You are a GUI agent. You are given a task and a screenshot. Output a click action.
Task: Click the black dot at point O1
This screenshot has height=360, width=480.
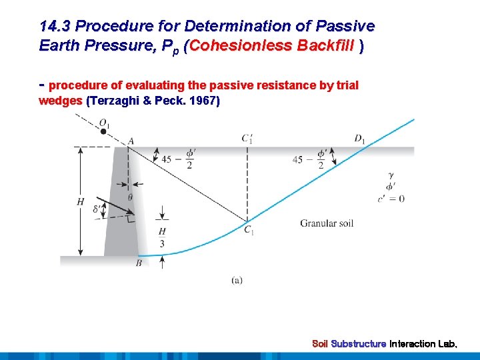[x=103, y=131]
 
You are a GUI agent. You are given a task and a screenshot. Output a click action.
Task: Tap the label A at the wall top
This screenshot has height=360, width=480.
[x=131, y=140]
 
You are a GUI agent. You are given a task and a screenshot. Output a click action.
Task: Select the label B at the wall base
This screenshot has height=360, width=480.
[x=139, y=264]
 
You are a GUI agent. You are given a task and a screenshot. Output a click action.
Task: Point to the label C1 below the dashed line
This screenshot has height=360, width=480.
[x=249, y=231]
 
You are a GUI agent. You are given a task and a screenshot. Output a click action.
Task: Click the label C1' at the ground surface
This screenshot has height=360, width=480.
[x=247, y=139]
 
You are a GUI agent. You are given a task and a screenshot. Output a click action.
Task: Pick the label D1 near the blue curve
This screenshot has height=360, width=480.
[x=359, y=139]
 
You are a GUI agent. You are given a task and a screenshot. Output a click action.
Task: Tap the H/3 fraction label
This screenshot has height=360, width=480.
[x=162, y=237]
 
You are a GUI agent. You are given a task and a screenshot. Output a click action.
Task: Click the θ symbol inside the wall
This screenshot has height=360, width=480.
[x=129, y=197]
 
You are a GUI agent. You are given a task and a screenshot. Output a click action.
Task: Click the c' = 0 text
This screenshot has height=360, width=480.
[x=391, y=199]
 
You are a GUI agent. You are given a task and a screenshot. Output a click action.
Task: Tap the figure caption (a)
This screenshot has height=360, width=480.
[x=237, y=281]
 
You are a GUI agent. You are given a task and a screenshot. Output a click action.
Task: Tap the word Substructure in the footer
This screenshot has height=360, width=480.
[x=359, y=344]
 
